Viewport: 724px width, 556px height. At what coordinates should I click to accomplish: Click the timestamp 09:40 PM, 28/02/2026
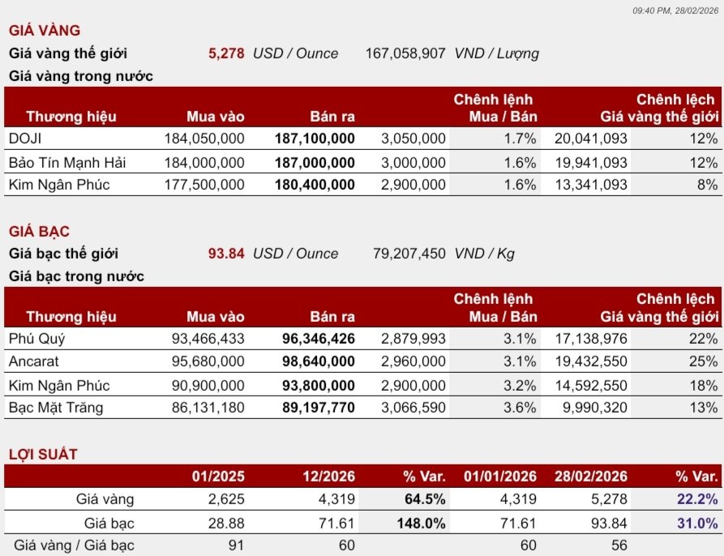tap(675, 11)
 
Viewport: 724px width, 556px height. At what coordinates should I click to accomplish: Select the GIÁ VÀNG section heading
tap(45, 31)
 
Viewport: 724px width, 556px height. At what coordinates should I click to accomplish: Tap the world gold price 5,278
tap(226, 53)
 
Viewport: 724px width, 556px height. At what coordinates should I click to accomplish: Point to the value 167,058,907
tap(405, 53)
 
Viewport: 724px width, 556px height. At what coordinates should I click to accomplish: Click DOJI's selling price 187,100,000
tap(315, 139)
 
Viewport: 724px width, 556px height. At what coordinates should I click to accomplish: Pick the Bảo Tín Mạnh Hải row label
tap(67, 162)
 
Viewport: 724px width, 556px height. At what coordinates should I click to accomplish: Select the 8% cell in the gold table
tap(707, 185)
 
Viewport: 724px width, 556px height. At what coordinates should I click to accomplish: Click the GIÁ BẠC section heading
tap(39, 231)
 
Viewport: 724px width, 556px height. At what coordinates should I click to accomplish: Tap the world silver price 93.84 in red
tap(226, 254)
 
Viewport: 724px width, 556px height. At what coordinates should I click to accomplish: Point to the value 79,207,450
tap(409, 254)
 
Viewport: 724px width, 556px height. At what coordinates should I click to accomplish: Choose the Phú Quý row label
tap(37, 339)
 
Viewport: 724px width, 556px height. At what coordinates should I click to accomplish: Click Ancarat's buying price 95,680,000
tap(208, 361)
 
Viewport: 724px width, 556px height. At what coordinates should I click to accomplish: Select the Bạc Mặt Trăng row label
tap(56, 408)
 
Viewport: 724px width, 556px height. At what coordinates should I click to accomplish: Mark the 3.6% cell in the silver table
tap(520, 408)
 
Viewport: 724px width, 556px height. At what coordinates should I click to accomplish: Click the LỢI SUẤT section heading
tap(43, 455)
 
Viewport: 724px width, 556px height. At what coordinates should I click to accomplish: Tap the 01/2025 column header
tap(218, 477)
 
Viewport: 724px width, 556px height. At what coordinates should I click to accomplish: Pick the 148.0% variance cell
tap(421, 524)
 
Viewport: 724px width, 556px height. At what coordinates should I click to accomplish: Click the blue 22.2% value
tap(697, 498)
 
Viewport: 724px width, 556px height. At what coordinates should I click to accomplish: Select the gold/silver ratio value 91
tap(236, 545)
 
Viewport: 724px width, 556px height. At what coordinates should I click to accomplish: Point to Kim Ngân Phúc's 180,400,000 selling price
tap(315, 185)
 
